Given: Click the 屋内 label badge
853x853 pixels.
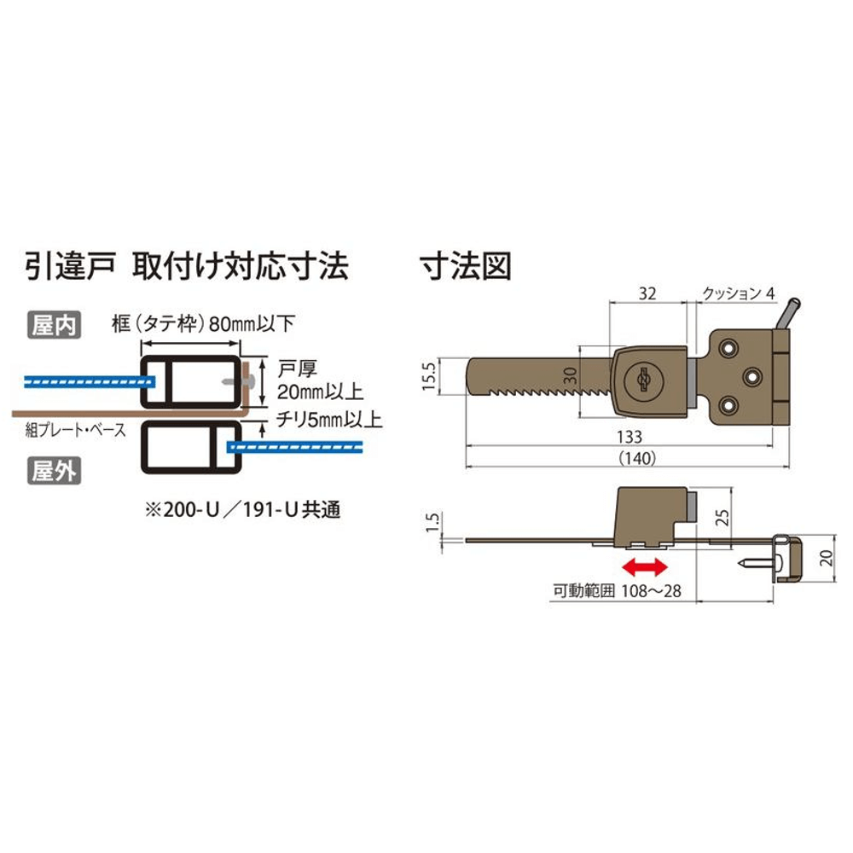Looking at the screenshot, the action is tap(55, 325).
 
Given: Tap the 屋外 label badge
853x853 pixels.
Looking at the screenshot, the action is tap(55, 471).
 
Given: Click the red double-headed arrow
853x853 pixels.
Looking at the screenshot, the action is tap(644, 567).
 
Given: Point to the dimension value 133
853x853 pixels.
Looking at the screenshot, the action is tap(630, 436).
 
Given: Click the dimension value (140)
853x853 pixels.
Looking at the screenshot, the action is tap(637, 458).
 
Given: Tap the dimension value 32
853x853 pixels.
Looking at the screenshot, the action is tap(647, 293).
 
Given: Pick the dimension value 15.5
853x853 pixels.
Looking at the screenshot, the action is tap(429, 376).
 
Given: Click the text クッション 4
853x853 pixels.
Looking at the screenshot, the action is tap(738, 293).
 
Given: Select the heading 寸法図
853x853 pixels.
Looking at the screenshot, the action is tap(466, 266).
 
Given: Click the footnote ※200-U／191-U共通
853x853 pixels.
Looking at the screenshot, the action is tap(242, 510).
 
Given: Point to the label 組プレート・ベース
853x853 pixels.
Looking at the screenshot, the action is tap(76, 430).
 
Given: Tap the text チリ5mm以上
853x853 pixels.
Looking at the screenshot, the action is tap(329, 420).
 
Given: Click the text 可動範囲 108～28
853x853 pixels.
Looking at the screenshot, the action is tap(617, 591).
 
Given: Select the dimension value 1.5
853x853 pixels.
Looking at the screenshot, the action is tap(432, 522).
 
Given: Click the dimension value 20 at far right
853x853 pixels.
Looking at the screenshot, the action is tap(826, 558).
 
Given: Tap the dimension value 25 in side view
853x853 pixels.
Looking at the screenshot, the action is tap(722, 518).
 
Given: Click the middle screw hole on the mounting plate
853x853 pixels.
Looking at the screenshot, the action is tap(752, 376).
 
